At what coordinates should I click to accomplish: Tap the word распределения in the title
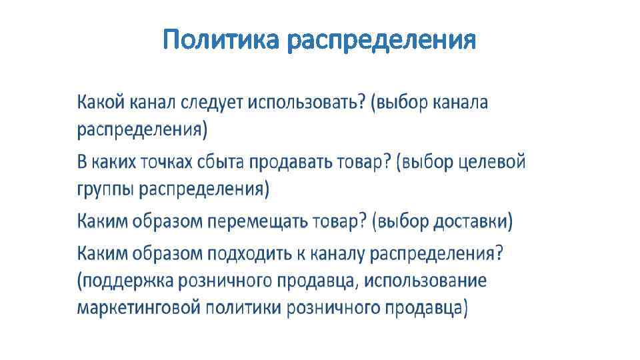click(x=381, y=41)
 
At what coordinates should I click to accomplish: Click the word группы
click(x=107, y=190)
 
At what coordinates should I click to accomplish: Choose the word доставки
click(x=472, y=221)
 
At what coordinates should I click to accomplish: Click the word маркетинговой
click(x=139, y=308)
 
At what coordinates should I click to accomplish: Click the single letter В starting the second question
click(x=82, y=162)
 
